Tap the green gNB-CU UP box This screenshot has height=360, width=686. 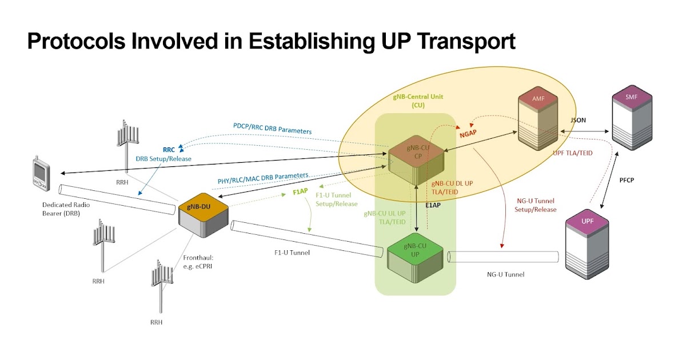click(x=415, y=255)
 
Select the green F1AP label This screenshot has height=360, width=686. click(x=301, y=192)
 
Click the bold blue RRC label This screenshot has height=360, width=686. click(x=169, y=150)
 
